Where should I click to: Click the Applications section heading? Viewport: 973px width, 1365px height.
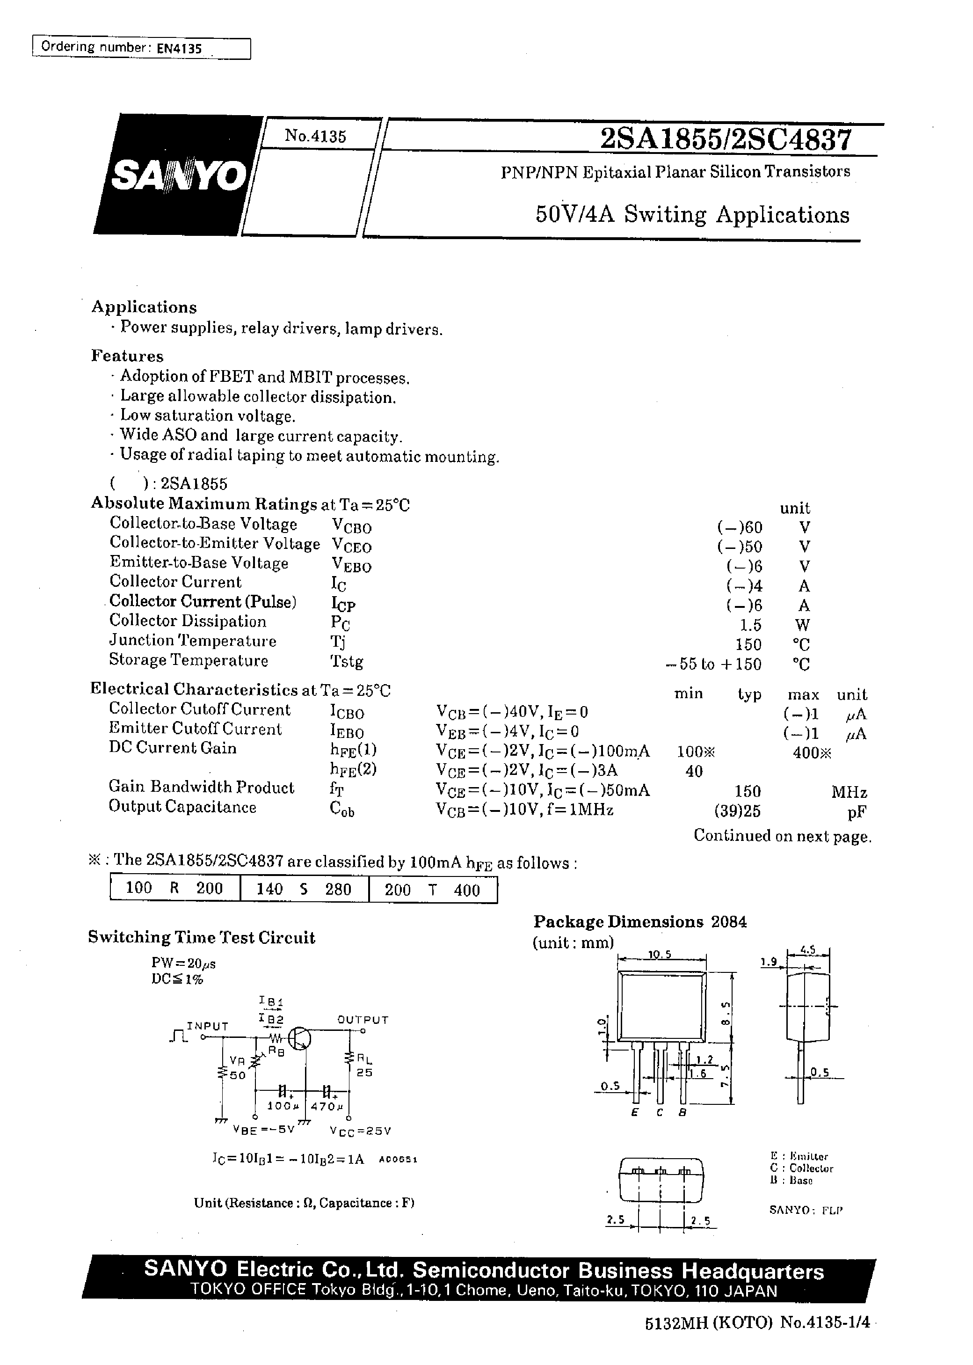point(144,307)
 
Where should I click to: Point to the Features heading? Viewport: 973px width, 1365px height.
point(127,357)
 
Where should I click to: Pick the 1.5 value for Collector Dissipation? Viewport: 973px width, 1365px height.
point(750,625)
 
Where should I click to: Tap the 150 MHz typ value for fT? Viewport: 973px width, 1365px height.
point(747,791)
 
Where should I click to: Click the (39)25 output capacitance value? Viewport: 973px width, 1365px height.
point(737,811)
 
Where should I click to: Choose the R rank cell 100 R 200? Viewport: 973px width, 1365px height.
point(174,889)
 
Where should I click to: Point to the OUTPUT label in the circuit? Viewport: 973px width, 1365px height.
point(363,1019)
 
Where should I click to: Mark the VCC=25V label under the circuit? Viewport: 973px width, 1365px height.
point(360,1131)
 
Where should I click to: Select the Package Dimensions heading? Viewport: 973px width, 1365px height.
point(617,921)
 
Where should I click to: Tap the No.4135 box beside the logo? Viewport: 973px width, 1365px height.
point(315,136)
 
